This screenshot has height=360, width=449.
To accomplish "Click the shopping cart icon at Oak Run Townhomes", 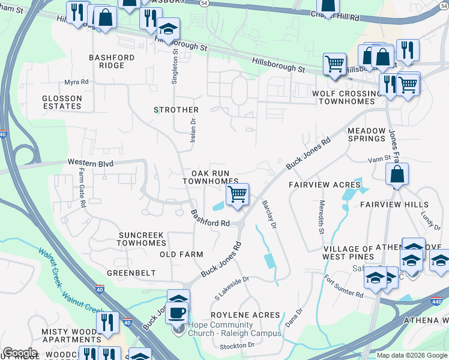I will [237, 194].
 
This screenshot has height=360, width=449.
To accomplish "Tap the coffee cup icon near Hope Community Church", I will [176, 312].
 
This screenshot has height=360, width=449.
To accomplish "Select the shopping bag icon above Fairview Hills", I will [397, 175].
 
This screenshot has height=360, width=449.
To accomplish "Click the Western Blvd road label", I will [91, 163].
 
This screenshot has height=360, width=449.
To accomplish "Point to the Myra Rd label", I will [76, 82].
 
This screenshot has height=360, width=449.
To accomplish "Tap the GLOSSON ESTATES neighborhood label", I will [61, 102].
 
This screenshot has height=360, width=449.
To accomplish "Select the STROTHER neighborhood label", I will [176, 110].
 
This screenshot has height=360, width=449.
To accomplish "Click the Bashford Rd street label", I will [210, 218].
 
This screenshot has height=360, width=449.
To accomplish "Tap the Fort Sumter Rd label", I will [343, 287].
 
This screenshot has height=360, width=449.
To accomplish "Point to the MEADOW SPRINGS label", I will [366, 134].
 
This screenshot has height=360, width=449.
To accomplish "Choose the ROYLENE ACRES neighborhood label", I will [246, 314].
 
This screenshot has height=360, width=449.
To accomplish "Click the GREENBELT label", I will [131, 273].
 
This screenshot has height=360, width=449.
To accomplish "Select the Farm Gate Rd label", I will [82, 187].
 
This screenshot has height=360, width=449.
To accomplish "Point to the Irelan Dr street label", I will [193, 129].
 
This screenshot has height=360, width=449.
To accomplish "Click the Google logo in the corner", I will [19, 353].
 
